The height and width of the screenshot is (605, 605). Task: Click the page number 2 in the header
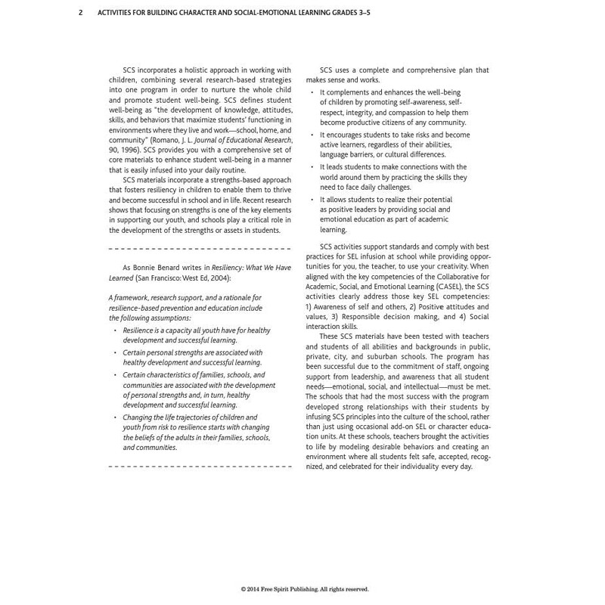[81, 13]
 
